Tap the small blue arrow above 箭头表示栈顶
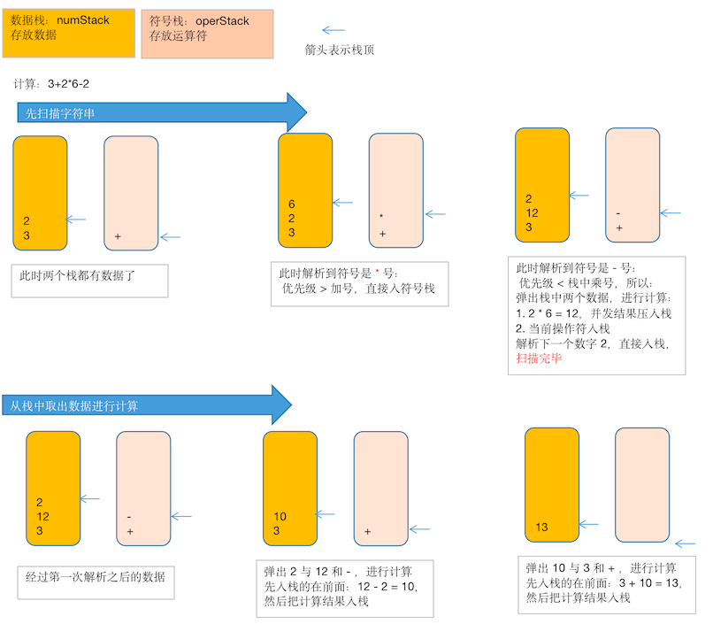coord(333,29)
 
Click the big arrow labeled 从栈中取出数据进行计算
coord(147,405)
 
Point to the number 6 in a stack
coord(292,204)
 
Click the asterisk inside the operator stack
coord(381,217)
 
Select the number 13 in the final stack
coord(541,528)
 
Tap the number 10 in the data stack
coord(280,516)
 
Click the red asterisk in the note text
coord(376,273)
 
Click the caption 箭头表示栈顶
coord(339,50)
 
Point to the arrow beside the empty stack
coord(685,545)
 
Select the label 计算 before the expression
coord(27,84)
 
